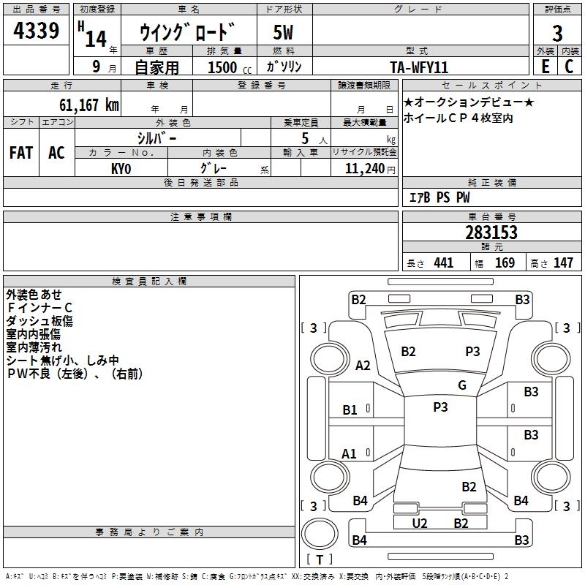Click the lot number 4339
tap(37, 31)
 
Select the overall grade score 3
tap(558, 33)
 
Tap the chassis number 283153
tap(491, 233)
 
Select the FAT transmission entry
tap(20, 153)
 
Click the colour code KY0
tap(121, 168)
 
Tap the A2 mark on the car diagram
tap(363, 366)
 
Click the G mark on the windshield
tap(462, 385)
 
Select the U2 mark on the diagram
tap(420, 523)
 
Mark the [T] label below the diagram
tap(320, 559)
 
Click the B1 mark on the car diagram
tap(350, 410)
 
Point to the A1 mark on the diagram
tap(350, 454)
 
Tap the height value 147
tap(563, 263)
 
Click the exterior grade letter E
tap(545, 66)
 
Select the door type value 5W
tap(284, 33)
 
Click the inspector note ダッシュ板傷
tap(39, 321)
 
